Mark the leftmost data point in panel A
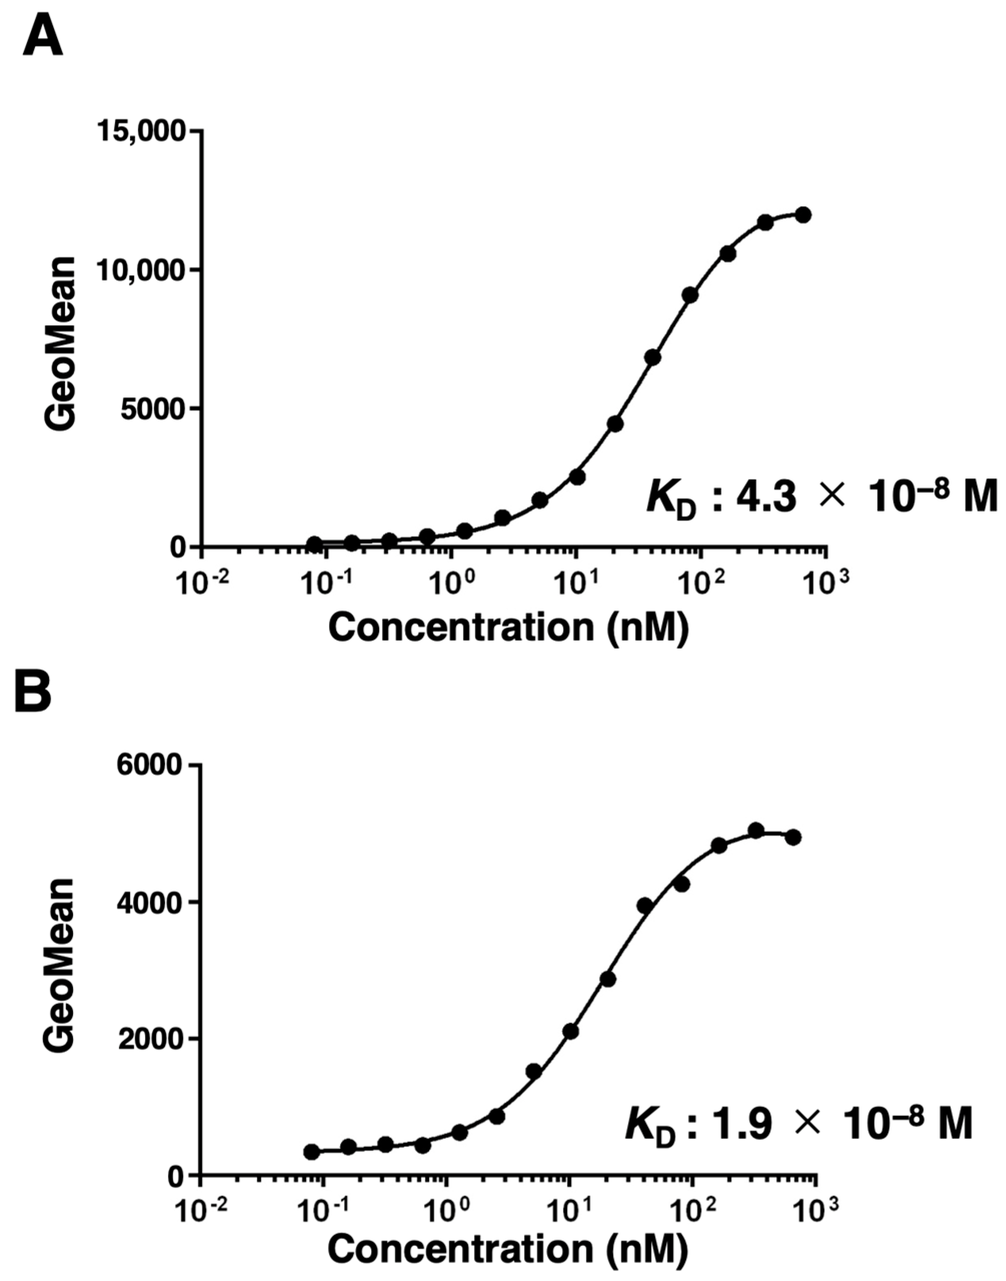pos(314,543)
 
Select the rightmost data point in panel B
pos(793,837)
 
